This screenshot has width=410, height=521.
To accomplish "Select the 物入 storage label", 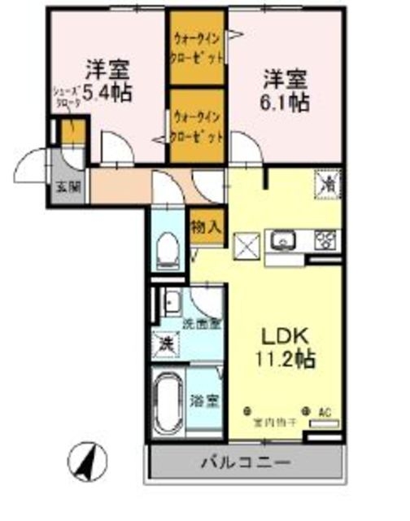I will click(x=206, y=227).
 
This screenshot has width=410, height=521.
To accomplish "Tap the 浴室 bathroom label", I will click(x=203, y=401).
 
